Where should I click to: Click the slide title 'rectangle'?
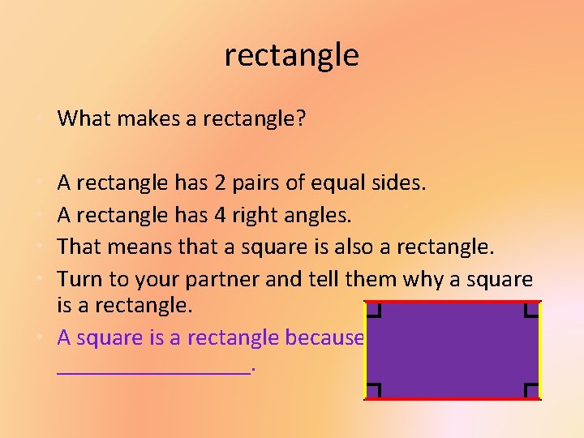click(291, 56)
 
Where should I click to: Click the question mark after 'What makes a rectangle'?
click(301, 119)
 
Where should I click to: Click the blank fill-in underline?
click(154, 372)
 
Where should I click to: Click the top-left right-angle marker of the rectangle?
click(374, 309)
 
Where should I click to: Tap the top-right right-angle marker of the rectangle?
click(531, 309)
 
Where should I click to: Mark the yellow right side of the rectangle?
click(540, 350)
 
